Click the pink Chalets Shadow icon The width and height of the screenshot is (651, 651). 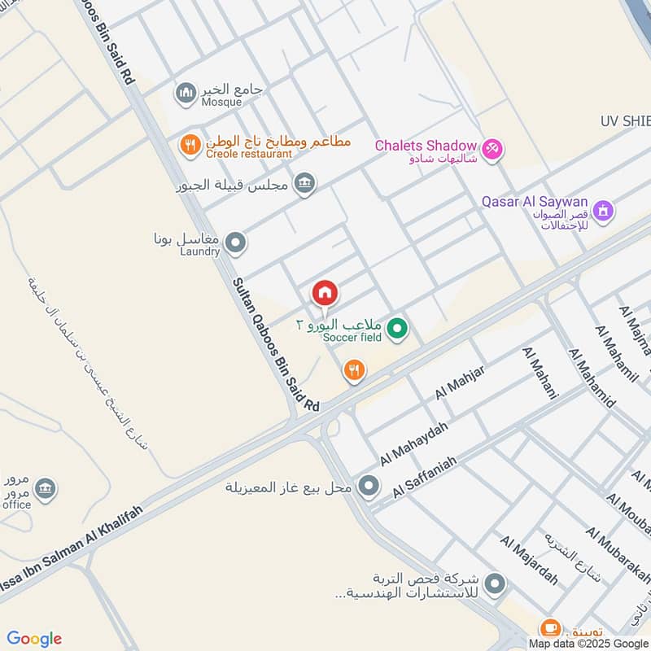point(492,149)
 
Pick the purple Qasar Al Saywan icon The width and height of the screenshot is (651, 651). point(602,212)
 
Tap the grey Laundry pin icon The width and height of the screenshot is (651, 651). point(236,242)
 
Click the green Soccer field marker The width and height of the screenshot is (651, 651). point(397,329)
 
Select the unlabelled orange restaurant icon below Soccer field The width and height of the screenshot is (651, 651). point(353,371)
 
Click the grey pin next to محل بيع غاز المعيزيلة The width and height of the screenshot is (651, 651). point(369,487)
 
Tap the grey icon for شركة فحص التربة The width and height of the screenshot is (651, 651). point(494,584)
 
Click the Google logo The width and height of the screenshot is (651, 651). point(34,639)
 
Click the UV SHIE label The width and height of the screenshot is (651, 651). point(626,121)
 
